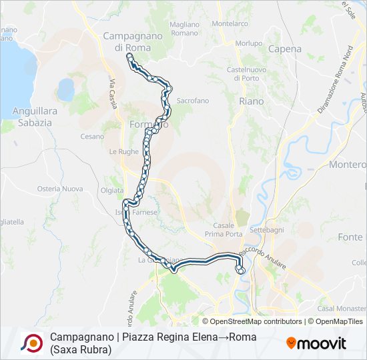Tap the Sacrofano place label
(192, 101)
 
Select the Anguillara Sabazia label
(26, 117)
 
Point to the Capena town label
(285, 49)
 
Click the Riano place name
(251, 101)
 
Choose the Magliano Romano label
(184, 29)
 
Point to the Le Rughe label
(123, 151)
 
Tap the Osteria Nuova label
(60, 189)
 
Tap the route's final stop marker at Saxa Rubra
(241, 271)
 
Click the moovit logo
(316, 343)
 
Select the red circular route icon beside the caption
(32, 343)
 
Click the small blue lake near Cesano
(66, 89)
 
